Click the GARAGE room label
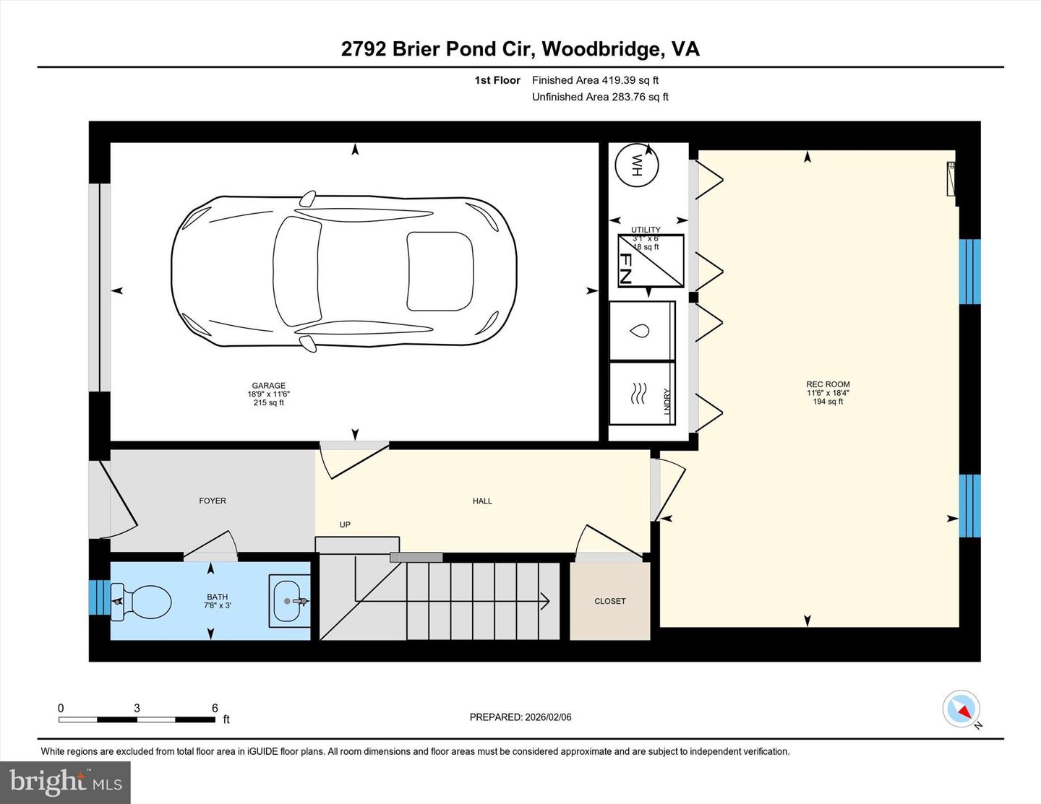[268, 386]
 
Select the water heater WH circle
[637, 165]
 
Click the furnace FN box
[651, 261]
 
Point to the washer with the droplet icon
[641, 331]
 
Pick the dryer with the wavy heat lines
[641, 394]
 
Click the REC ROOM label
[828, 384]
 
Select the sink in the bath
[290, 600]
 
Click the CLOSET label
[609, 601]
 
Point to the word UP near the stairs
[345, 524]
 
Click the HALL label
[482, 501]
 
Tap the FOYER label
[213, 501]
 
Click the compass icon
[961, 709]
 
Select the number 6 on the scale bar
[215, 708]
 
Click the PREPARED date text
[520, 717]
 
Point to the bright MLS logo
[65, 782]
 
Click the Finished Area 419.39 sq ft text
[595, 80]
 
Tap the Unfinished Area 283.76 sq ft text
[600, 97]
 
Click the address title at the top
[520, 48]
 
